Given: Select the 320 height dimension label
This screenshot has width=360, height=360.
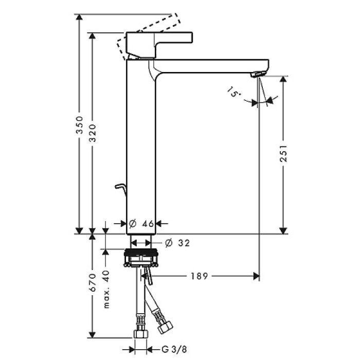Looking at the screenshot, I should pos(93,134).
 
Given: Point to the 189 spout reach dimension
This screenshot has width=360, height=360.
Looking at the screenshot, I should pos(198,277).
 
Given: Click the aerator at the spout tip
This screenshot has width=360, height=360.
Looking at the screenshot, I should pos(259,75).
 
